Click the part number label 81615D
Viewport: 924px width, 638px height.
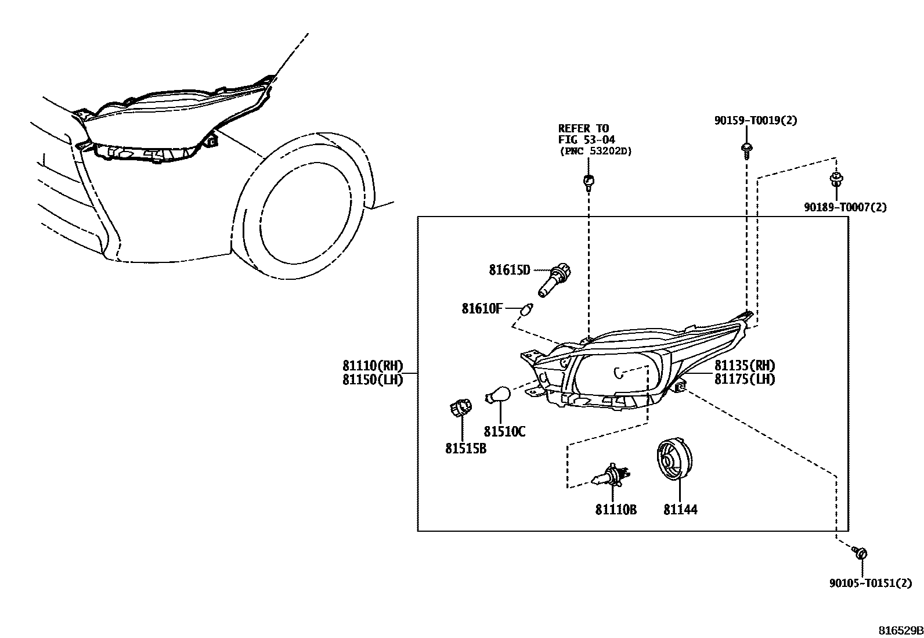point(509,270)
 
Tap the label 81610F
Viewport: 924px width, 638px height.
point(482,309)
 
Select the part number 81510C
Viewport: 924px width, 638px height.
point(504,432)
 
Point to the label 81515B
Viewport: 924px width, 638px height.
point(465,449)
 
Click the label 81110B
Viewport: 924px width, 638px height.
point(615,510)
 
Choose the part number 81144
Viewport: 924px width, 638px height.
point(680,510)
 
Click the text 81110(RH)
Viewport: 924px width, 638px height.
point(372,366)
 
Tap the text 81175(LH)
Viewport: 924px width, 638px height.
point(745,380)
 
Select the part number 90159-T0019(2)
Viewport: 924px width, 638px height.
point(755,121)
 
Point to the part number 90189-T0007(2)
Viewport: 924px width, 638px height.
point(845,207)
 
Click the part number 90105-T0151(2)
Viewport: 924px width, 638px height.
point(870,583)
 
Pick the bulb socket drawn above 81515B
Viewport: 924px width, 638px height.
point(460,408)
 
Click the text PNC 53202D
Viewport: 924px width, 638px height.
point(595,151)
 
